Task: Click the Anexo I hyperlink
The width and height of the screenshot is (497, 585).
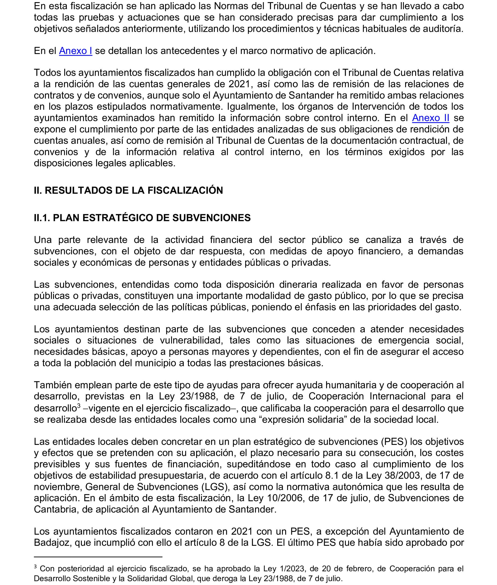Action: tap(76, 51)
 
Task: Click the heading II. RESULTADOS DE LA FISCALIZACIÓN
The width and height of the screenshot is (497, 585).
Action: tap(128, 190)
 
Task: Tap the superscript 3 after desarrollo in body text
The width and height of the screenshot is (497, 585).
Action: tap(79, 406)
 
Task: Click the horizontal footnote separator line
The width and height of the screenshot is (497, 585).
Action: tap(98, 557)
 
